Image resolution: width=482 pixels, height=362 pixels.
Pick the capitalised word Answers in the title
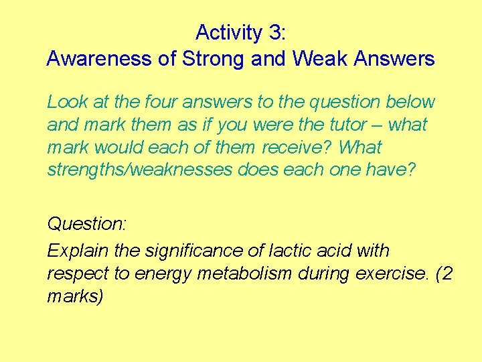coord(394,58)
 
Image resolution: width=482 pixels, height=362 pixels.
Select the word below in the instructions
coord(410,103)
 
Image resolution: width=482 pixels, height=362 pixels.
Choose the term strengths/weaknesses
coord(140,170)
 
